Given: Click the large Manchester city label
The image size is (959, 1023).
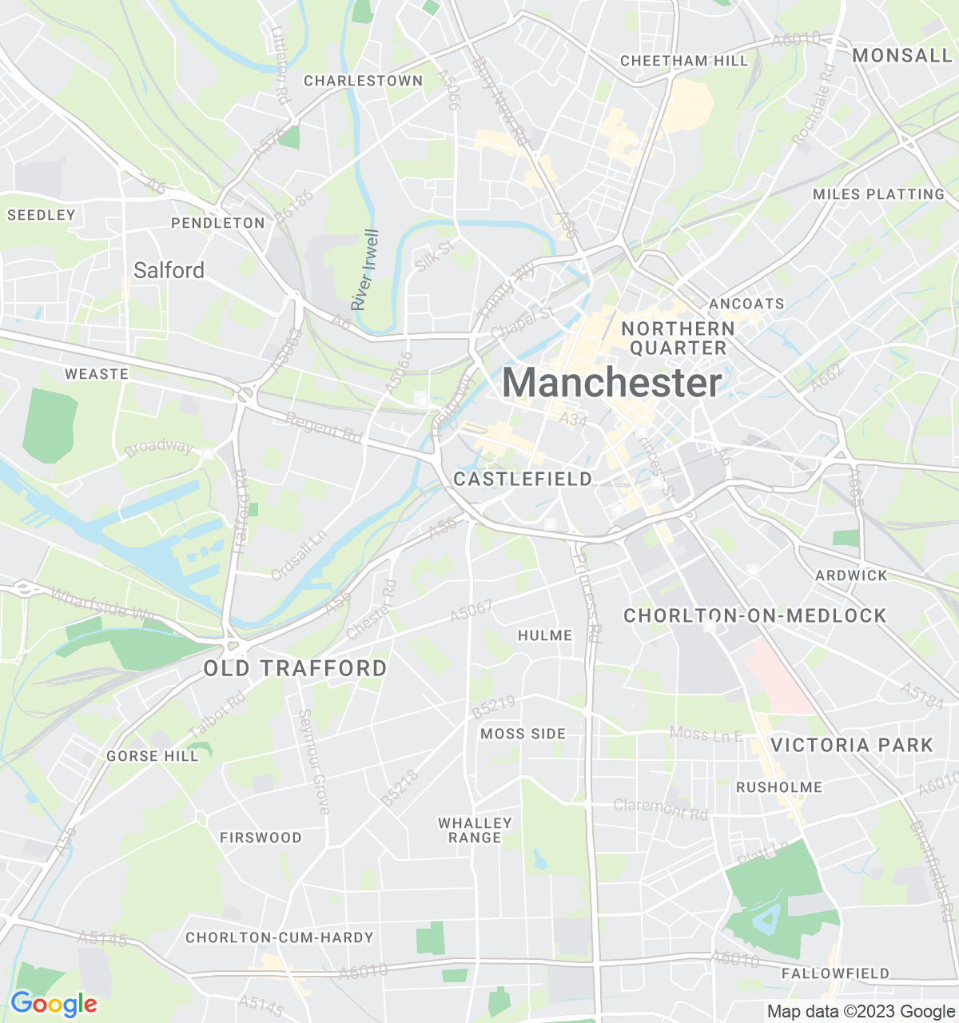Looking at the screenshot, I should coord(612,383).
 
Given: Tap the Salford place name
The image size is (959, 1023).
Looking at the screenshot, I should coord(169,270).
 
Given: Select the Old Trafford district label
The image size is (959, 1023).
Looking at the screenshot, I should coord(295,668).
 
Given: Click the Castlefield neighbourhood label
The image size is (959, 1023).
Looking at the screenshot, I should coord(523,479).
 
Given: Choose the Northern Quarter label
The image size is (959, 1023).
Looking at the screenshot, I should coord(678,338).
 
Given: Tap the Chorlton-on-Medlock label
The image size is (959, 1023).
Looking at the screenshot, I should coord(754,615).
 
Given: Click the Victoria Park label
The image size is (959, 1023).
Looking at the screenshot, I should coord(852,745).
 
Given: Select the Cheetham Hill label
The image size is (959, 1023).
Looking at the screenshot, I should coord(684,61).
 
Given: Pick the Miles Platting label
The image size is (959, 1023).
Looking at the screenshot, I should coord(878,194).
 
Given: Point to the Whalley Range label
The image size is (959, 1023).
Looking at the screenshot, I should coord(475,830).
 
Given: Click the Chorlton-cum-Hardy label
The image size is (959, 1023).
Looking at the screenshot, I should coord(279,937).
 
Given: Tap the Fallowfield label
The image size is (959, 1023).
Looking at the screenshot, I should coord(835,973).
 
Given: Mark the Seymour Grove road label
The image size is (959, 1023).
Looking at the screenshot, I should coord(313,762).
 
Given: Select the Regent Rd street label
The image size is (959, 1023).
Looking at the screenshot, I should coord(324,428).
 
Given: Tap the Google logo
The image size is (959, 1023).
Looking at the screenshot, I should coord(54,1004).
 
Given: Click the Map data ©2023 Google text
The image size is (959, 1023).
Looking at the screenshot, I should coord(861,1012).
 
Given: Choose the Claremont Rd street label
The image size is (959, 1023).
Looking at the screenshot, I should coord(661,809).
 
